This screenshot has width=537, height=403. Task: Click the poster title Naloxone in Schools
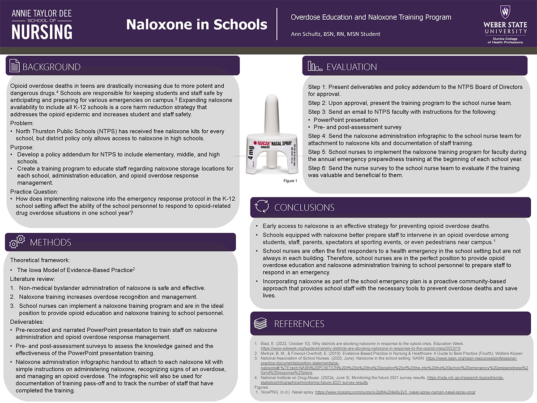196,25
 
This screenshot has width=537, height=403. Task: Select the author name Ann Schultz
308,34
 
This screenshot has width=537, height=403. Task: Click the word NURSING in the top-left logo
42,31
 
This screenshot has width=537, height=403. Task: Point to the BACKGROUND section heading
51,67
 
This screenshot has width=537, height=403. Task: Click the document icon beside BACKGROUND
15,67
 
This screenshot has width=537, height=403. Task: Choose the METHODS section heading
51,243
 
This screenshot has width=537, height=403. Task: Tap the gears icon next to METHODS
17,242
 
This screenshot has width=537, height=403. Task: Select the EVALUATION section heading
352,67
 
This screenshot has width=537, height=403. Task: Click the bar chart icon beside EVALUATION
315,67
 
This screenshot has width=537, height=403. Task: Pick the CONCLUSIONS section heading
304,208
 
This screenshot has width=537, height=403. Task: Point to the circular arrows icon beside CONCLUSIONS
261,207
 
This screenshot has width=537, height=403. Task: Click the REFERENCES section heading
299,324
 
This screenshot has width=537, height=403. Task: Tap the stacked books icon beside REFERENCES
261,323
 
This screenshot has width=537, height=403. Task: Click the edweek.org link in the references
360,348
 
